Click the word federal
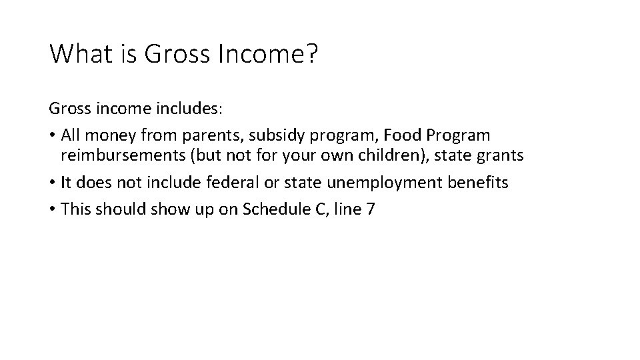click(235, 183)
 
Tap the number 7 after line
click(371, 209)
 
